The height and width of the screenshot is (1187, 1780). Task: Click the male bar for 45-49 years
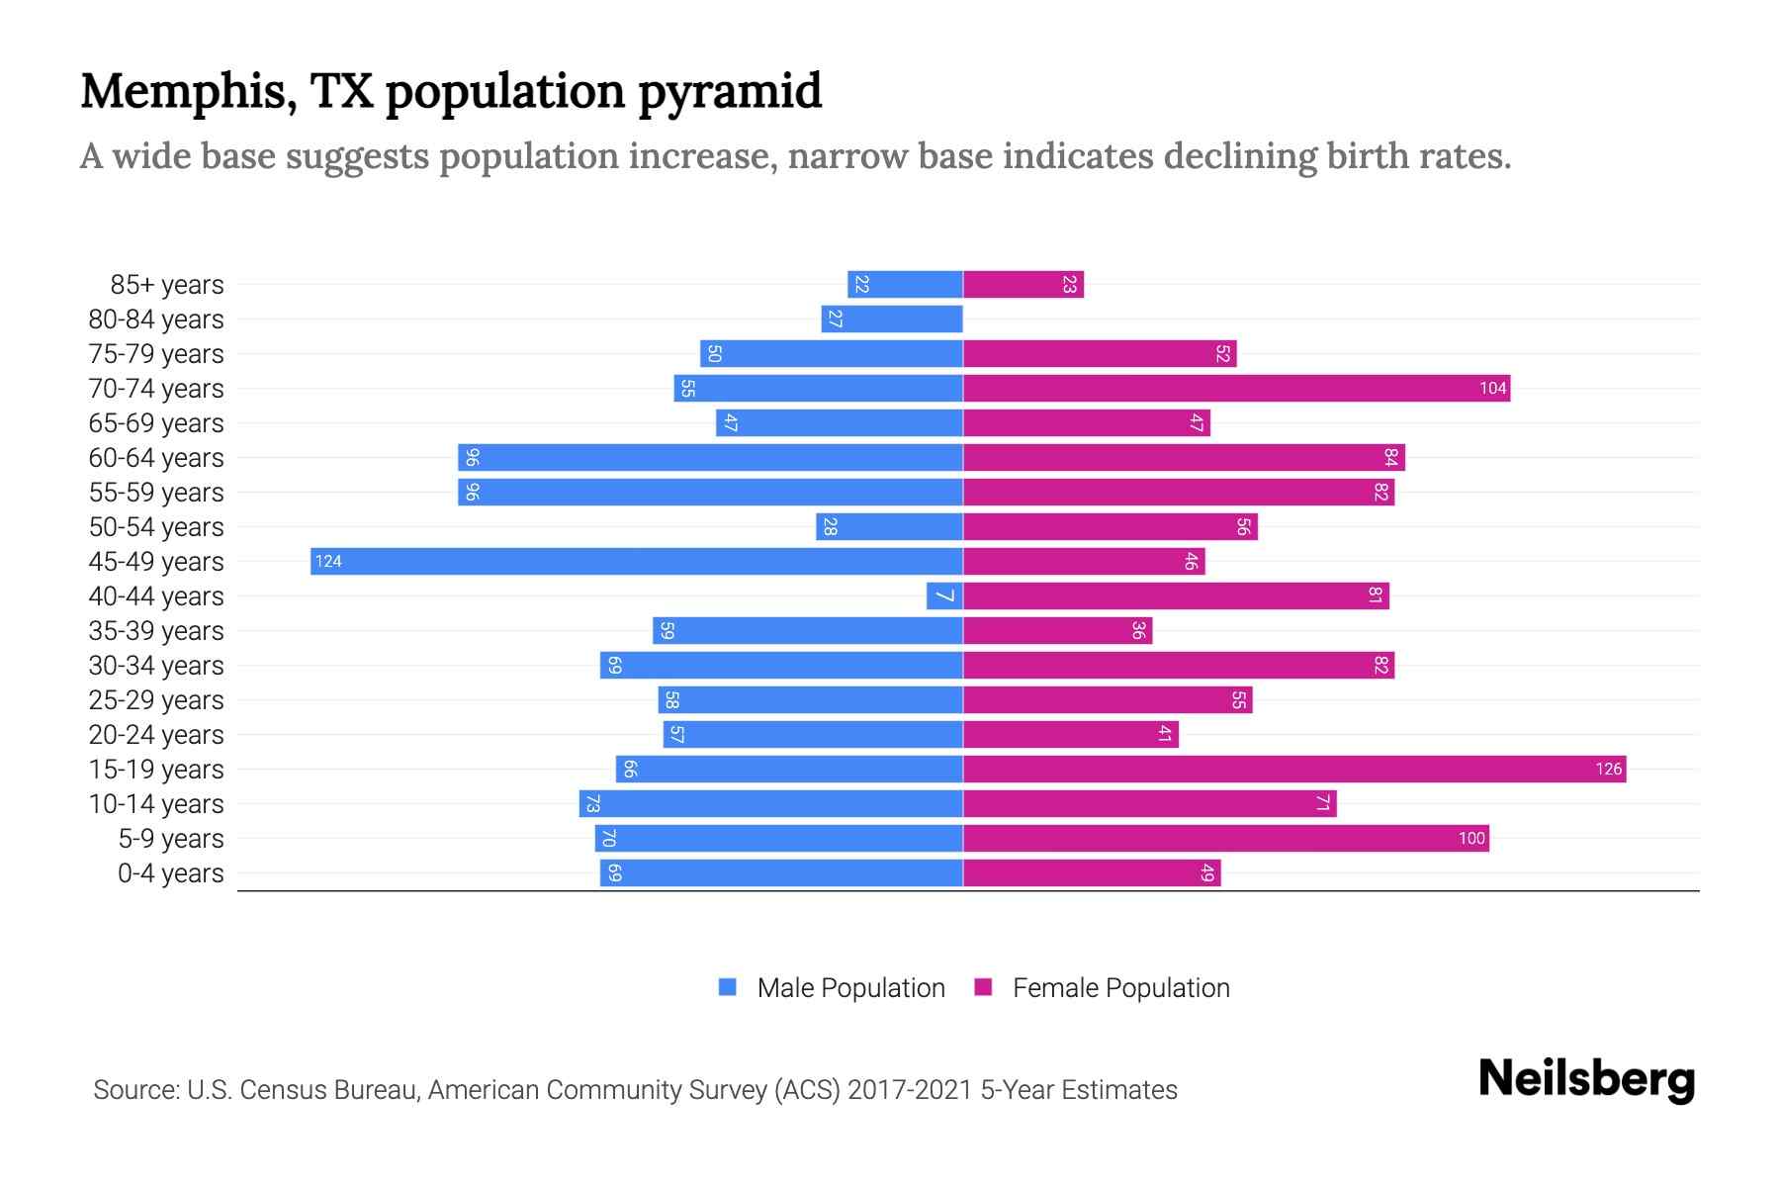tap(636, 562)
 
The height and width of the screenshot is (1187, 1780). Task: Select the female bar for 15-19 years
tap(1293, 770)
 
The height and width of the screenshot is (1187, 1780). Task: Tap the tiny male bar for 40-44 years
tap(944, 596)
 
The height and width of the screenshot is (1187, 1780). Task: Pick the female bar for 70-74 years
tap(1236, 389)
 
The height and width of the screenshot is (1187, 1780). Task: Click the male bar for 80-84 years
tap(891, 320)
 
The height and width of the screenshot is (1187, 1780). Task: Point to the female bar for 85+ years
tap(1023, 285)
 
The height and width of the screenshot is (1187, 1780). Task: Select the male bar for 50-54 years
tap(889, 527)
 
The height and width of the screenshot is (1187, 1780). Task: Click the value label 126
tap(1608, 770)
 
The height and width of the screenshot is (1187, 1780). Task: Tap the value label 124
tap(328, 562)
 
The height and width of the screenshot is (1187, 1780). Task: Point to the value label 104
tap(1492, 389)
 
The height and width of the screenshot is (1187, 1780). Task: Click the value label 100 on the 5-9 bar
tap(1471, 839)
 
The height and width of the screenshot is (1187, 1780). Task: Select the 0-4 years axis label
tap(170, 873)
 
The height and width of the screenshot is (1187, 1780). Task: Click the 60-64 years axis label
tap(156, 458)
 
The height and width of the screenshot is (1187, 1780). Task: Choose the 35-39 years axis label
tap(156, 631)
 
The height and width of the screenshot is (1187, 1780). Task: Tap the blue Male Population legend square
tap(728, 987)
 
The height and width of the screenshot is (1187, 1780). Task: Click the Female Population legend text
tap(1120, 988)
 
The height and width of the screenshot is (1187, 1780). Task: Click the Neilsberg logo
tap(1586, 1079)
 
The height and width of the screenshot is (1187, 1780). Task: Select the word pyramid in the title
tap(729, 92)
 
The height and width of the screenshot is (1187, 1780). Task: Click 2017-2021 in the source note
tap(910, 1090)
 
